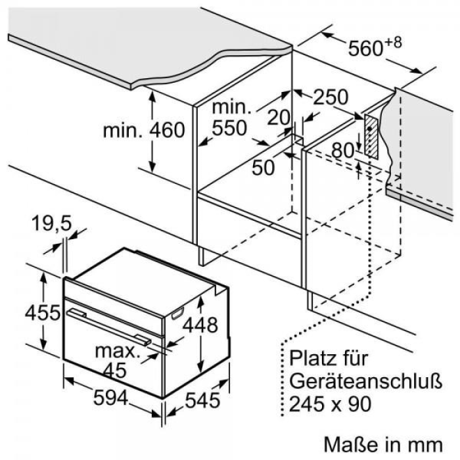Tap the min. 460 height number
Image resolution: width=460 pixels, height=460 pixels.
point(167,130)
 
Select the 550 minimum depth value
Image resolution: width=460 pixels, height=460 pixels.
point(229,128)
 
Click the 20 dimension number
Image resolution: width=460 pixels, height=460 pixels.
point(279,118)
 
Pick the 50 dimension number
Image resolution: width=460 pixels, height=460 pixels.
point(264,168)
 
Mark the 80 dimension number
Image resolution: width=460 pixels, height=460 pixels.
point(343,151)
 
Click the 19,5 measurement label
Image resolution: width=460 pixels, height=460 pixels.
point(52,223)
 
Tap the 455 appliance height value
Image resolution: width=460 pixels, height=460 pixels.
point(43,312)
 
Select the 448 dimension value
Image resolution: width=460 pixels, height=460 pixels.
point(200,325)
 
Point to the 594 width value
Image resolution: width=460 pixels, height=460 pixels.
point(110,398)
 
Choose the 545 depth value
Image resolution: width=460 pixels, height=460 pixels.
point(202,400)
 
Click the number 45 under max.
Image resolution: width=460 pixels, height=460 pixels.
point(115,370)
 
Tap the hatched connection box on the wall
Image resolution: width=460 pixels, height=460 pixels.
point(371,136)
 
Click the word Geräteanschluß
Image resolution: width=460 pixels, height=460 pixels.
point(366,381)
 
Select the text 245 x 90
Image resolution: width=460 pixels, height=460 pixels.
point(331,403)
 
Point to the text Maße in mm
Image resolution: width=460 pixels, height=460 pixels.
point(383,445)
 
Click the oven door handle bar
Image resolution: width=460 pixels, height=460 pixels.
point(109,326)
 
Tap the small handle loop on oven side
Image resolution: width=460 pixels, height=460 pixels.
point(178,313)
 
